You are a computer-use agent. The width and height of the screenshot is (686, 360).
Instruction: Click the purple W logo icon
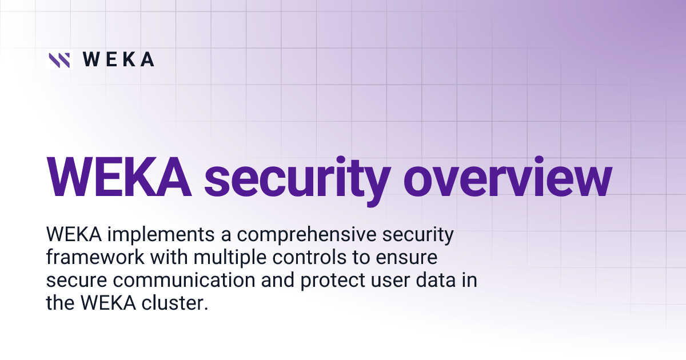click(x=59, y=59)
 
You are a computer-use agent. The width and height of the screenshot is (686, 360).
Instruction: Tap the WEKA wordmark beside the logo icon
click(x=118, y=59)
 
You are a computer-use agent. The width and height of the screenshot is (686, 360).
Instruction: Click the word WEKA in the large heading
click(x=118, y=177)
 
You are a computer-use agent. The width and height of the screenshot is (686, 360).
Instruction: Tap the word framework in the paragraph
click(x=95, y=258)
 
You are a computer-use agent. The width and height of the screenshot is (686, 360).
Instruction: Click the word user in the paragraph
click(x=376, y=281)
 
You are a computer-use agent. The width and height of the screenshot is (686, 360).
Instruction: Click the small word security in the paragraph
click(x=414, y=235)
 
